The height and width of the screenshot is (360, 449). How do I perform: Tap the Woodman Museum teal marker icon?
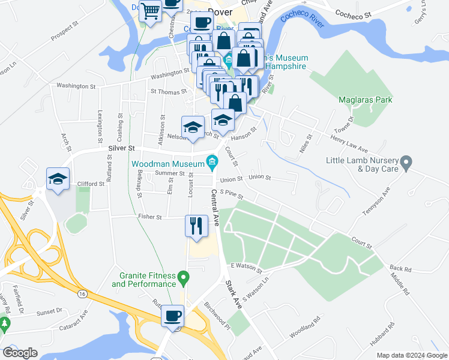click(x=211, y=161)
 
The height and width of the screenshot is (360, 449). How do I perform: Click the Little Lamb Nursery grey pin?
click(x=406, y=162)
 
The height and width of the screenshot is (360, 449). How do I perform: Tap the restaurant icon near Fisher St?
click(x=196, y=226)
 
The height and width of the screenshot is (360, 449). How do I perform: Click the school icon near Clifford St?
click(x=58, y=179)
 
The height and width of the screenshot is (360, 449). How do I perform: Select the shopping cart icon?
click(x=151, y=10)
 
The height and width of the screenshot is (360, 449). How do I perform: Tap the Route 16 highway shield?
click(x=80, y=293)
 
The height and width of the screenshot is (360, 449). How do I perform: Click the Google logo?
click(x=20, y=353)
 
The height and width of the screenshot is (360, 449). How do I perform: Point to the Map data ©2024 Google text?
click(x=411, y=355)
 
